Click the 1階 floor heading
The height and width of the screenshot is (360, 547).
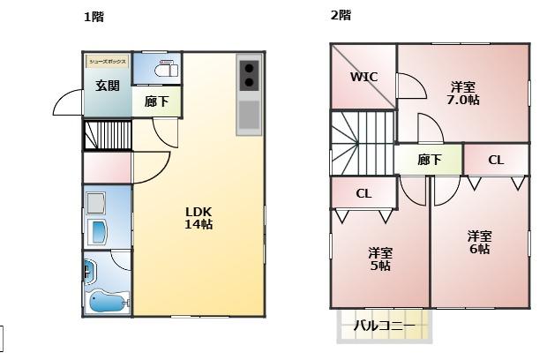point(93,17)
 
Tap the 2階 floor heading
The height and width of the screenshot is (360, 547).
point(341,15)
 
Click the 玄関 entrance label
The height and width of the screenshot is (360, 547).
point(108,86)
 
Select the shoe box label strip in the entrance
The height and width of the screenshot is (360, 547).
point(108,61)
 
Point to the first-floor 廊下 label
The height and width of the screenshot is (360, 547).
point(156,101)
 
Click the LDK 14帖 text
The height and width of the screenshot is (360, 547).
point(199,217)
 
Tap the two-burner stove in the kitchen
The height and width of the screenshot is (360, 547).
point(249,75)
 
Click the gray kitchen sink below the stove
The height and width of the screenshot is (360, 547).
point(249,116)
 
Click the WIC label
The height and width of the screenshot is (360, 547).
point(363,77)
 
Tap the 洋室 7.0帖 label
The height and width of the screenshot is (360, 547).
point(463,94)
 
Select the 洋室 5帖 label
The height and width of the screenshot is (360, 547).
point(380,259)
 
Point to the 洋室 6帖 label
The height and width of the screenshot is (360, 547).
point(479,242)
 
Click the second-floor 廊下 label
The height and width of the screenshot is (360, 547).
point(429,160)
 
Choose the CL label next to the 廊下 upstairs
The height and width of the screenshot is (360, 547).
point(496,160)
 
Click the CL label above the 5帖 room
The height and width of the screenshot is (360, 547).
point(363,193)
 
